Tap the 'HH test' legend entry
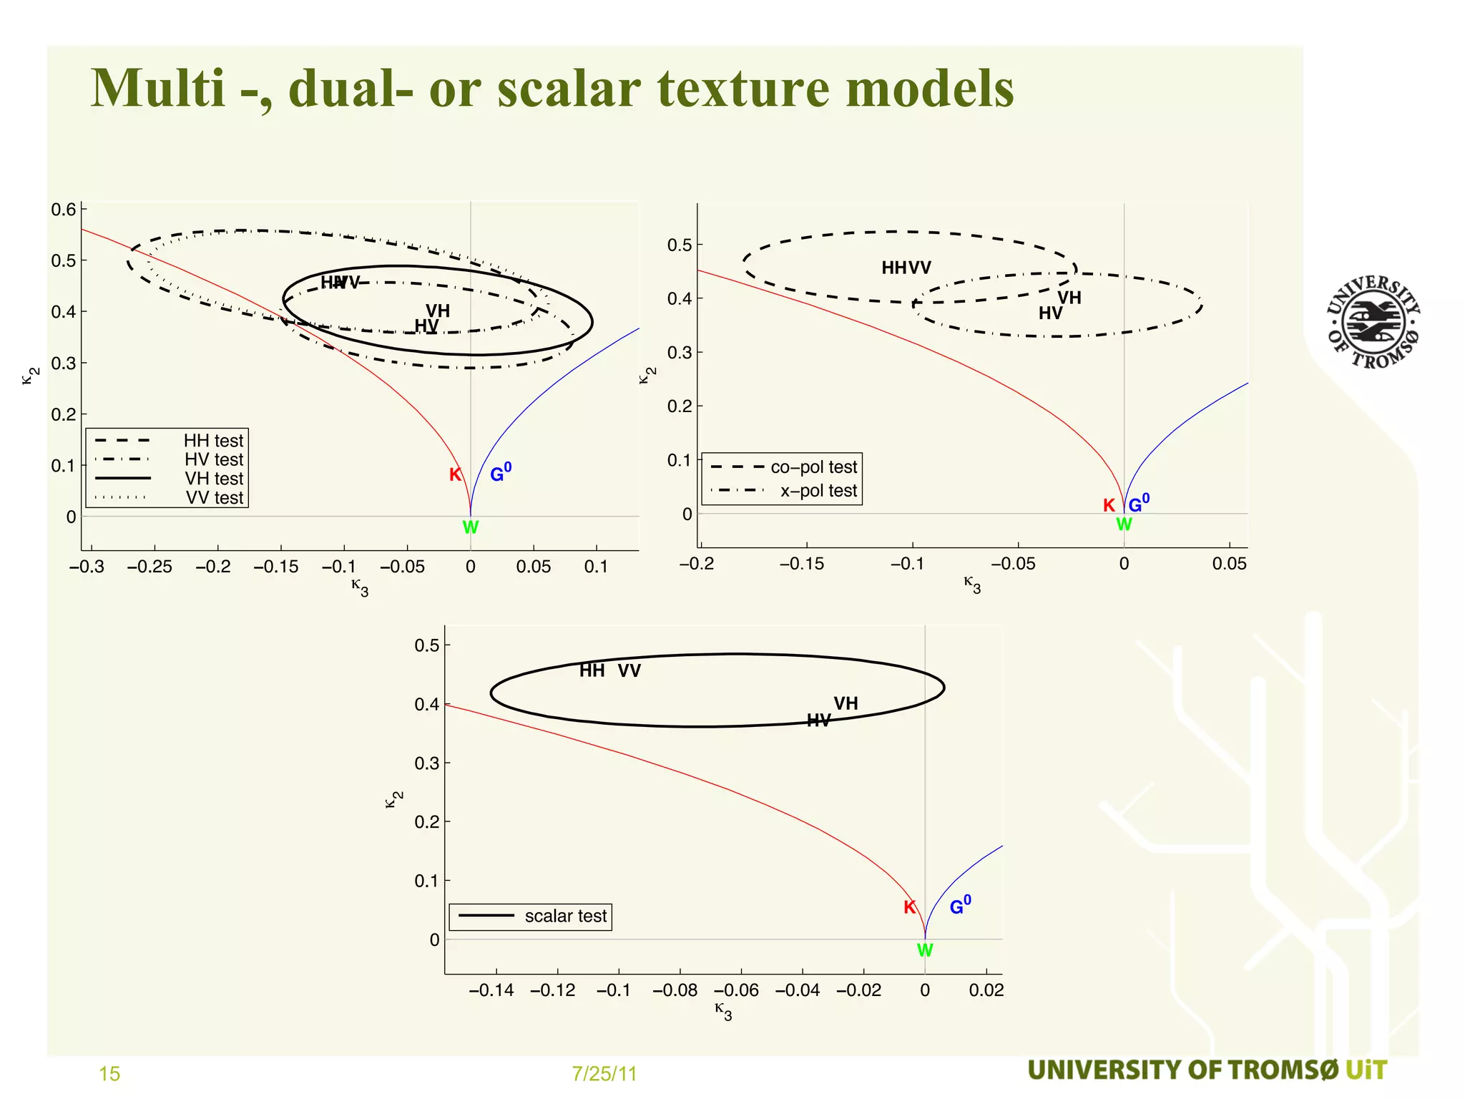coord(213,441)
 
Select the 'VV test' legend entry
coord(215,497)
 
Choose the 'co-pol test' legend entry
coord(813,467)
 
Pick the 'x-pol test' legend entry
coord(818,491)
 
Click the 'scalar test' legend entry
coord(565,916)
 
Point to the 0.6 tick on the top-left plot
coord(64,210)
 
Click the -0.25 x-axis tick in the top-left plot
coord(150,567)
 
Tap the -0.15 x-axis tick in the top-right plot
coord(802,564)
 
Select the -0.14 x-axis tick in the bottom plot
coord(491,990)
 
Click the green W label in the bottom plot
coord(925,950)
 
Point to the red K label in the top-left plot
coord(455,474)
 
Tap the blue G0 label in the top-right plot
coord(1139,504)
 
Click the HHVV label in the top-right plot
coord(906,268)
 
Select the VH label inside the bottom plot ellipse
coord(846,703)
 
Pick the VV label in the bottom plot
coord(629,670)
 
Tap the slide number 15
coord(109,1073)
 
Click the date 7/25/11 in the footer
coord(604,1073)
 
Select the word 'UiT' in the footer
coord(1366,1070)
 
